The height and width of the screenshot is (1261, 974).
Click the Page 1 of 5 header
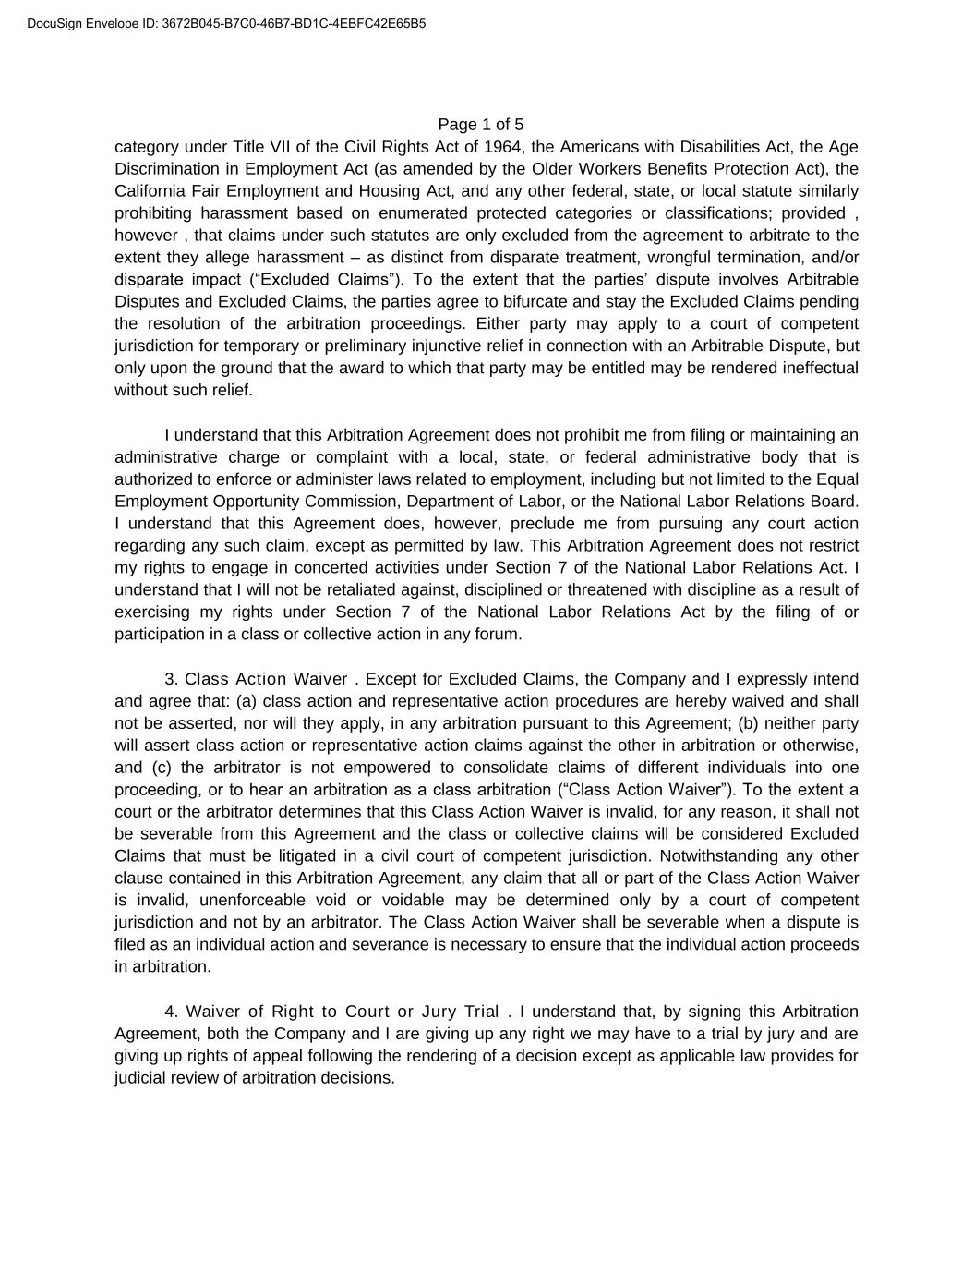(x=480, y=125)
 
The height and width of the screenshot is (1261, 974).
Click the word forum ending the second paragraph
(x=499, y=635)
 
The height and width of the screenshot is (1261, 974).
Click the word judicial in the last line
(x=144, y=1078)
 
